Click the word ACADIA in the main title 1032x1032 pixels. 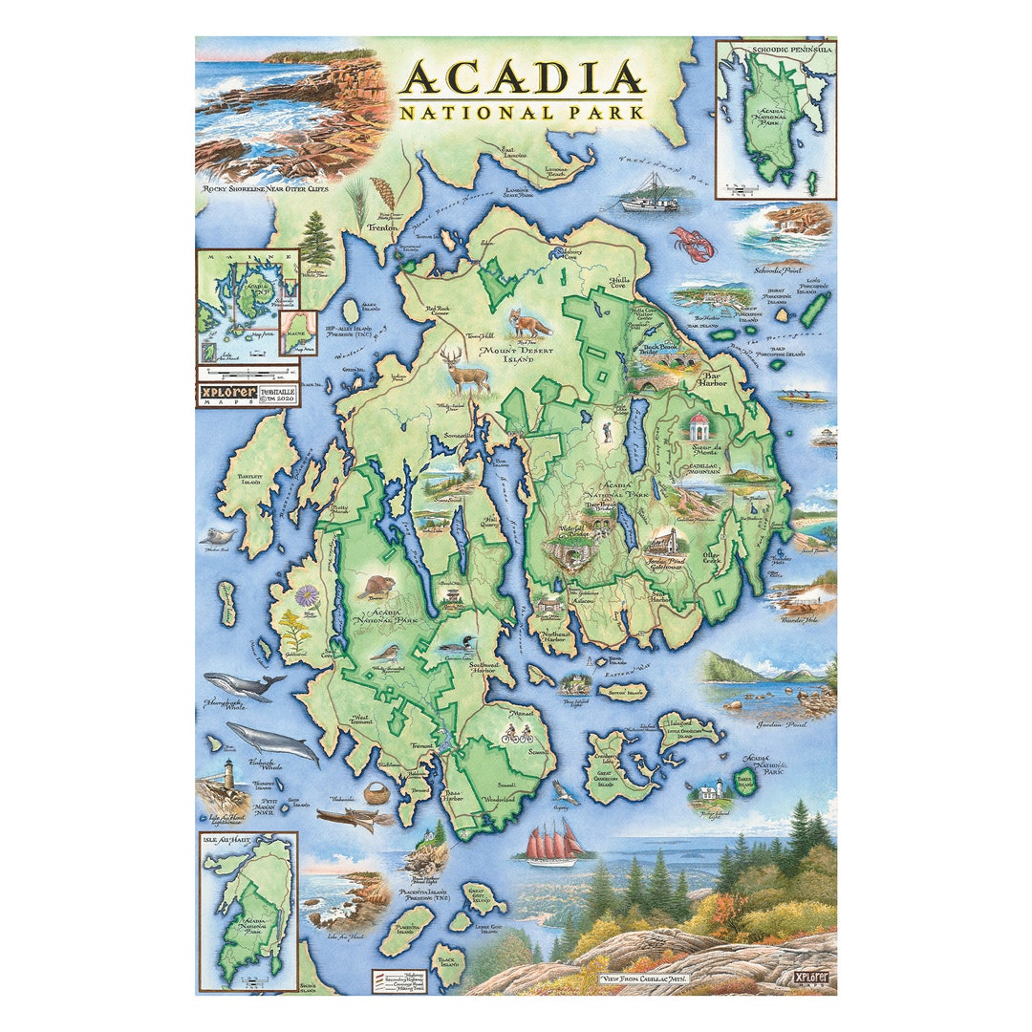[x=522, y=77]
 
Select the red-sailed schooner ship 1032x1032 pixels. [x=554, y=844]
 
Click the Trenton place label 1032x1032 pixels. [x=382, y=229]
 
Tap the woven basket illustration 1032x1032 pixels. [x=378, y=793]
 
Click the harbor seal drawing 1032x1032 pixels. [x=219, y=537]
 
